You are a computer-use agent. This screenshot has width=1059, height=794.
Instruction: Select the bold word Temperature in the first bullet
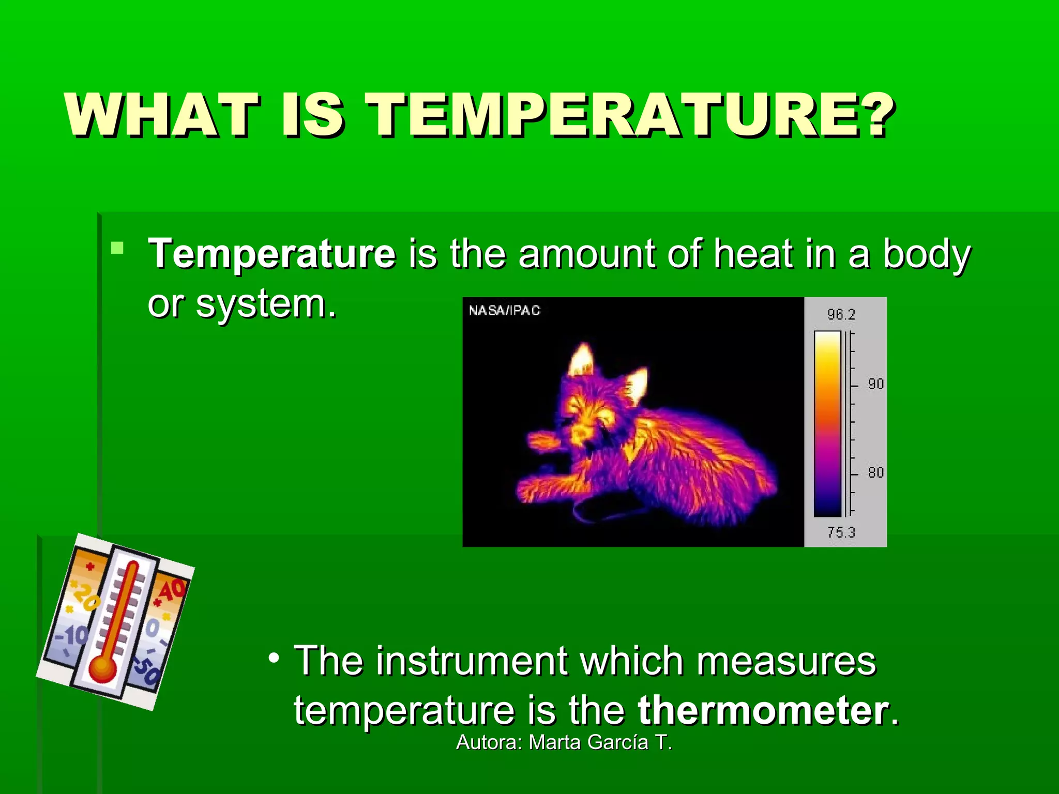[x=272, y=254]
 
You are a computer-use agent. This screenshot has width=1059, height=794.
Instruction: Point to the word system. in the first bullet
[x=266, y=304]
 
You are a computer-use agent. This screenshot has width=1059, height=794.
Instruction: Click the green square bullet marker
[x=117, y=248]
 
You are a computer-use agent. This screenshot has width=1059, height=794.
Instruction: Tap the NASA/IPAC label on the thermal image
[x=504, y=310]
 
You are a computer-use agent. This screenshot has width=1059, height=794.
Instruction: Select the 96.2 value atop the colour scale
[x=841, y=314]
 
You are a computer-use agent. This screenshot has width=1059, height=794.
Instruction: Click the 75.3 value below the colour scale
[x=841, y=532]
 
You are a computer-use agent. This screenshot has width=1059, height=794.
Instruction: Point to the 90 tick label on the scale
[x=875, y=384]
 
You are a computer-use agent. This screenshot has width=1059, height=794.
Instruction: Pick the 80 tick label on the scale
[x=875, y=472]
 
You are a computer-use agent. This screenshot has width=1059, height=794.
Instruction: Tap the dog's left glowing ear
[x=582, y=360]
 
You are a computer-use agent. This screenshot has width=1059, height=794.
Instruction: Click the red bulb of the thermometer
[x=102, y=670]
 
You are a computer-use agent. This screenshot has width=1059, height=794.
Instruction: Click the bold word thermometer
[x=763, y=710]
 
